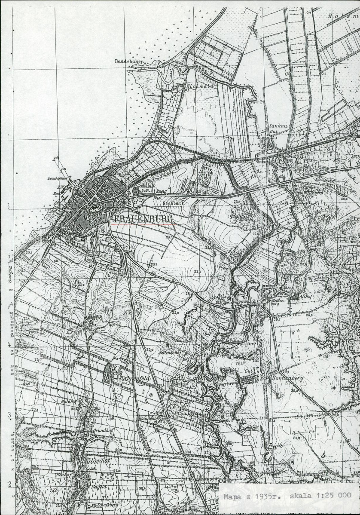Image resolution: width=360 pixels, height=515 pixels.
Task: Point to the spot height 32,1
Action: [197, 272]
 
